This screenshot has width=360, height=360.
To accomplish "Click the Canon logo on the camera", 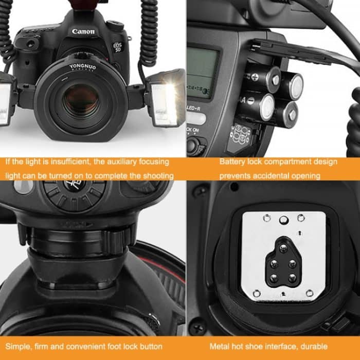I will pyautogui.click(x=83, y=32).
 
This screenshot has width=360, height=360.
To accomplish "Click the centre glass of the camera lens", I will pyautogui.click(x=82, y=101).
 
